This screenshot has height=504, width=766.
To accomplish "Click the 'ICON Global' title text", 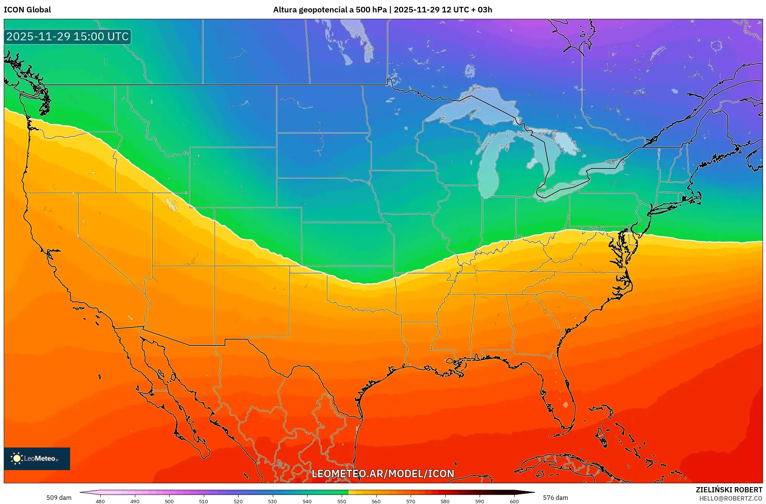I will point(27,10).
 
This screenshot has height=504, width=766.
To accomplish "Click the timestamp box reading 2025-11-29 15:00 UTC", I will point(67,37).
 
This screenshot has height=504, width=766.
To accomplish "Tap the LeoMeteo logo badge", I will point(37,458).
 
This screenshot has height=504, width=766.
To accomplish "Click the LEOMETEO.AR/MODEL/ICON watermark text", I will point(383,473).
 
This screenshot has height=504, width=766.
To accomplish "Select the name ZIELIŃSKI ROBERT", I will point(729,490).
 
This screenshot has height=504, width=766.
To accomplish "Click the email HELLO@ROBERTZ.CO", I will point(731,498).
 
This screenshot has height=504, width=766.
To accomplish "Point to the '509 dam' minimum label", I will point(59,498).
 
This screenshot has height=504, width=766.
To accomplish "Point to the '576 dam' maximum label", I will point(555,498).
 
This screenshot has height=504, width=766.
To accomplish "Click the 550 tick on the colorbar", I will point(341,501).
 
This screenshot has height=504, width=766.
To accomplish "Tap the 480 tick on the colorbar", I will point(100,501).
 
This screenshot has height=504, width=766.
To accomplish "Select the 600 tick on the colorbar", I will point(514,501).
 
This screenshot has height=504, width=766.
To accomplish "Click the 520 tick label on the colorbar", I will point(238,501).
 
